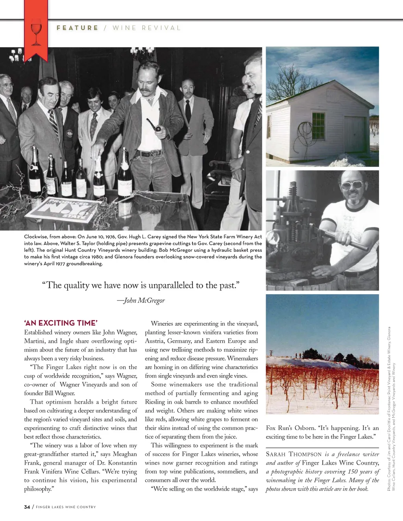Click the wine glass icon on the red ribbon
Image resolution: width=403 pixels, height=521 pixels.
click(x=36, y=30)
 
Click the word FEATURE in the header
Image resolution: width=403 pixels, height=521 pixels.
click(x=77, y=28)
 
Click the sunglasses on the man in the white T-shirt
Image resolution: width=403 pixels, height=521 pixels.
click(x=351, y=184)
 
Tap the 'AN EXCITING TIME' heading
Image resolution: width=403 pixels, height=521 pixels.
click(x=61, y=323)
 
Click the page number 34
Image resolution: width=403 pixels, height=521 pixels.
click(x=27, y=507)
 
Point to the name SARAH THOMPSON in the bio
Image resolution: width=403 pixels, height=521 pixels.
click(x=294, y=454)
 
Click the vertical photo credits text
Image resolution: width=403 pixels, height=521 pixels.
click(x=391, y=410)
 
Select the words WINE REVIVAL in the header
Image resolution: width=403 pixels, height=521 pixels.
click(x=146, y=28)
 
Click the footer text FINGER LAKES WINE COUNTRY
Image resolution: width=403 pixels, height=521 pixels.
click(x=66, y=507)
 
